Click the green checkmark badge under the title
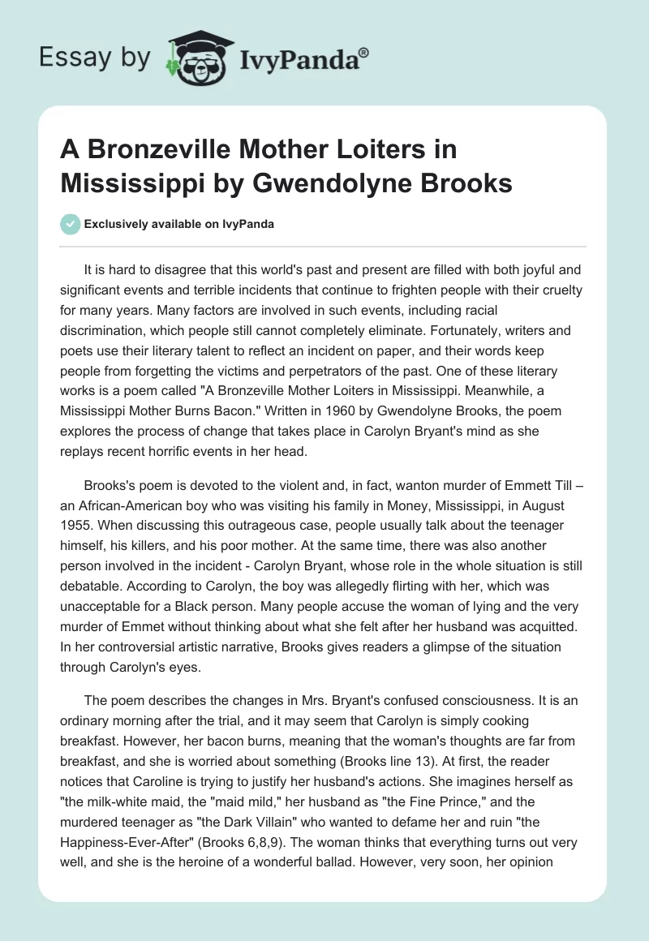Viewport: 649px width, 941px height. tap(71, 224)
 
